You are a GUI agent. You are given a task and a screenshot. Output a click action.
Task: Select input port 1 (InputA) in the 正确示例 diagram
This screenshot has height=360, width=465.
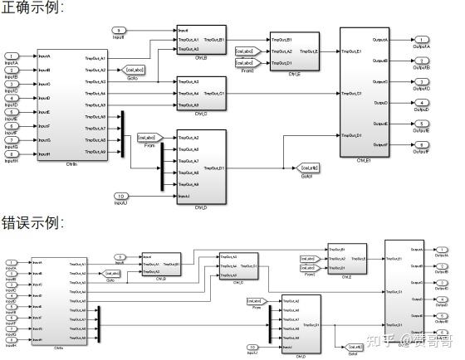(x=12, y=57)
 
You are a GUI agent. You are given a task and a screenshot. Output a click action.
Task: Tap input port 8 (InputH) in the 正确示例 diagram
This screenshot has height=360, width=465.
(x=12, y=154)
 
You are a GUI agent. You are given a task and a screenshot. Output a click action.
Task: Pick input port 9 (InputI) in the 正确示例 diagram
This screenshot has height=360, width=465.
(x=119, y=31)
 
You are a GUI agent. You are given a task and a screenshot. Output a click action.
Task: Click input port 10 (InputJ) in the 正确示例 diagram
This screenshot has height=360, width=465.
(x=120, y=195)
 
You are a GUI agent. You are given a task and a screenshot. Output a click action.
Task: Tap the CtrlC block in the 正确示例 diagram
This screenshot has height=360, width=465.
(x=201, y=94)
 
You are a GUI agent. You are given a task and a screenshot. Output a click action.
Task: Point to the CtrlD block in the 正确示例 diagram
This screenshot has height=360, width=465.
(x=201, y=165)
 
